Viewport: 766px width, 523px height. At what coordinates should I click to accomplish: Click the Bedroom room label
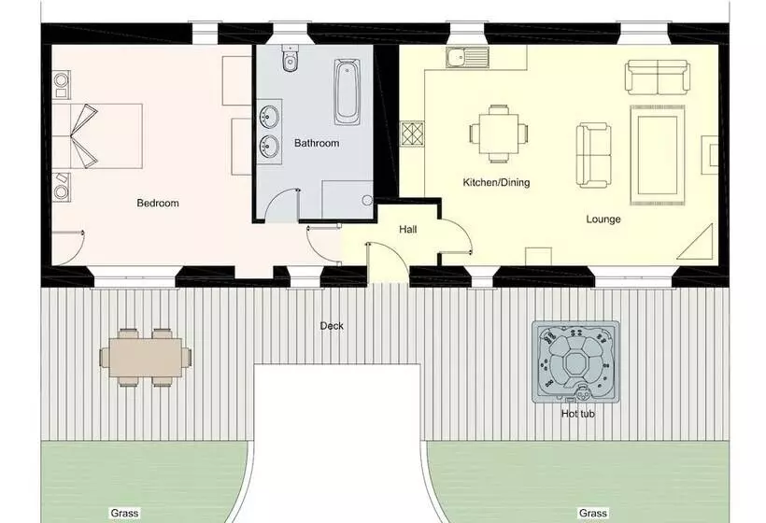click(158, 203)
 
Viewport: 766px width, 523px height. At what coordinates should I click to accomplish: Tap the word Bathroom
click(317, 143)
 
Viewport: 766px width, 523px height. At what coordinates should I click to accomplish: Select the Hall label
click(408, 229)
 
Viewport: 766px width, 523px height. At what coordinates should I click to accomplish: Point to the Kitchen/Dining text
click(496, 183)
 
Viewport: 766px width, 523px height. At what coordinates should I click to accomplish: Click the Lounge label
click(603, 219)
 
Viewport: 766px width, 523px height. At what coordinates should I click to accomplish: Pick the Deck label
click(332, 326)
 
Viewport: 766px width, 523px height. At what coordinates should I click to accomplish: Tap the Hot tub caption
click(578, 414)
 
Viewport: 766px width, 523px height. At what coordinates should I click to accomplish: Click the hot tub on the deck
click(576, 361)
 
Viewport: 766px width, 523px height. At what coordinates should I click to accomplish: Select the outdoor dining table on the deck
click(146, 358)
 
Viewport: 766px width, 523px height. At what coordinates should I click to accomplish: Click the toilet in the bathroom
click(291, 58)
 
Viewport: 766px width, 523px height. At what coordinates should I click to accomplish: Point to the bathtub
click(347, 92)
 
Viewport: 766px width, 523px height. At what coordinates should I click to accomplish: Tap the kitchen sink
click(467, 58)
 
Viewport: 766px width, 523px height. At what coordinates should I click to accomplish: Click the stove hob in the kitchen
click(413, 134)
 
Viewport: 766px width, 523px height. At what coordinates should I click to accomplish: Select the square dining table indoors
click(499, 134)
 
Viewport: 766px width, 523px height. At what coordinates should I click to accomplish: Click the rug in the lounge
click(658, 155)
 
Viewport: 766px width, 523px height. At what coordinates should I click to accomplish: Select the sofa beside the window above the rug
click(658, 78)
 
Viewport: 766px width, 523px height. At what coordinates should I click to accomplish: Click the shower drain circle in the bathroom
click(367, 200)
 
